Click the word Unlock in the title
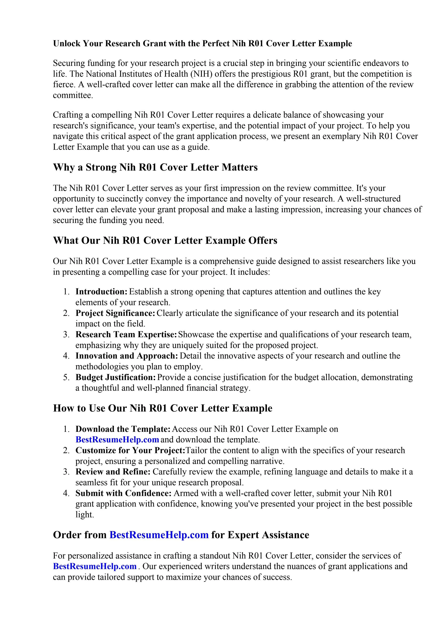67,43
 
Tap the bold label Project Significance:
115,313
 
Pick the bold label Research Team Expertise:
126,334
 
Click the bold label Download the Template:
123,429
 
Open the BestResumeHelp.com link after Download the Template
117,440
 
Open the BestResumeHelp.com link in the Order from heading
159,535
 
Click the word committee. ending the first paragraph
73,95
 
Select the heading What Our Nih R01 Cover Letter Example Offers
165,240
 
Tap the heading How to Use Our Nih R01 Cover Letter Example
163,408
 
